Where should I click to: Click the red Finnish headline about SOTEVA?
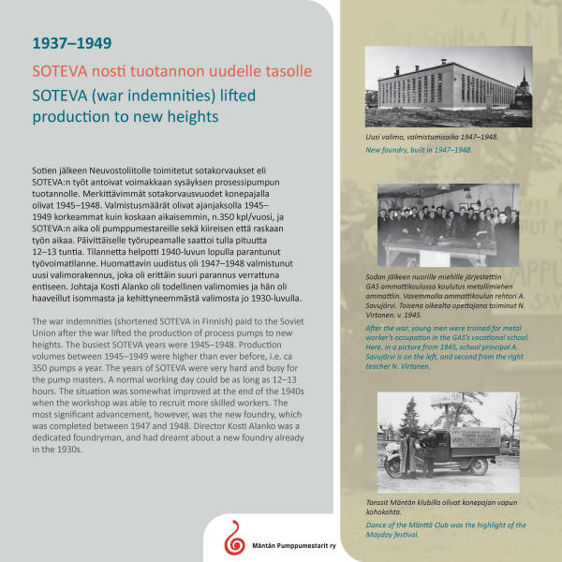pyautogui.click(x=171, y=71)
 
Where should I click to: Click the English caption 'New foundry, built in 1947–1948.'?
pyautogui.click(x=418, y=150)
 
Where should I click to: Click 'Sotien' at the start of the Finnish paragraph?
pyautogui.click(x=43, y=170)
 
